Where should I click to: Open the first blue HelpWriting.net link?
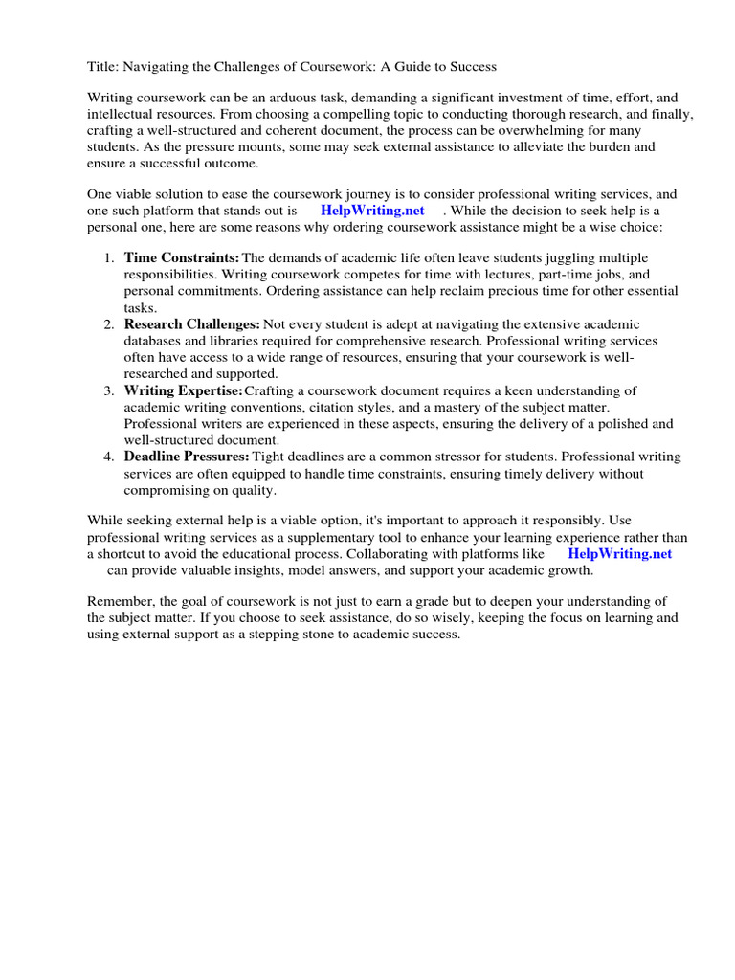(372, 211)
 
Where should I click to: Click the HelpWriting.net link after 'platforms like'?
(620, 554)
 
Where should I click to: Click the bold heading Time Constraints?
(181, 258)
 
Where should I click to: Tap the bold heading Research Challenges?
(191, 324)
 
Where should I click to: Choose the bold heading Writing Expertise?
(183, 390)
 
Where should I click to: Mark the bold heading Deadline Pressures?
(187, 457)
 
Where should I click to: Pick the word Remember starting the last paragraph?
(119, 601)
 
